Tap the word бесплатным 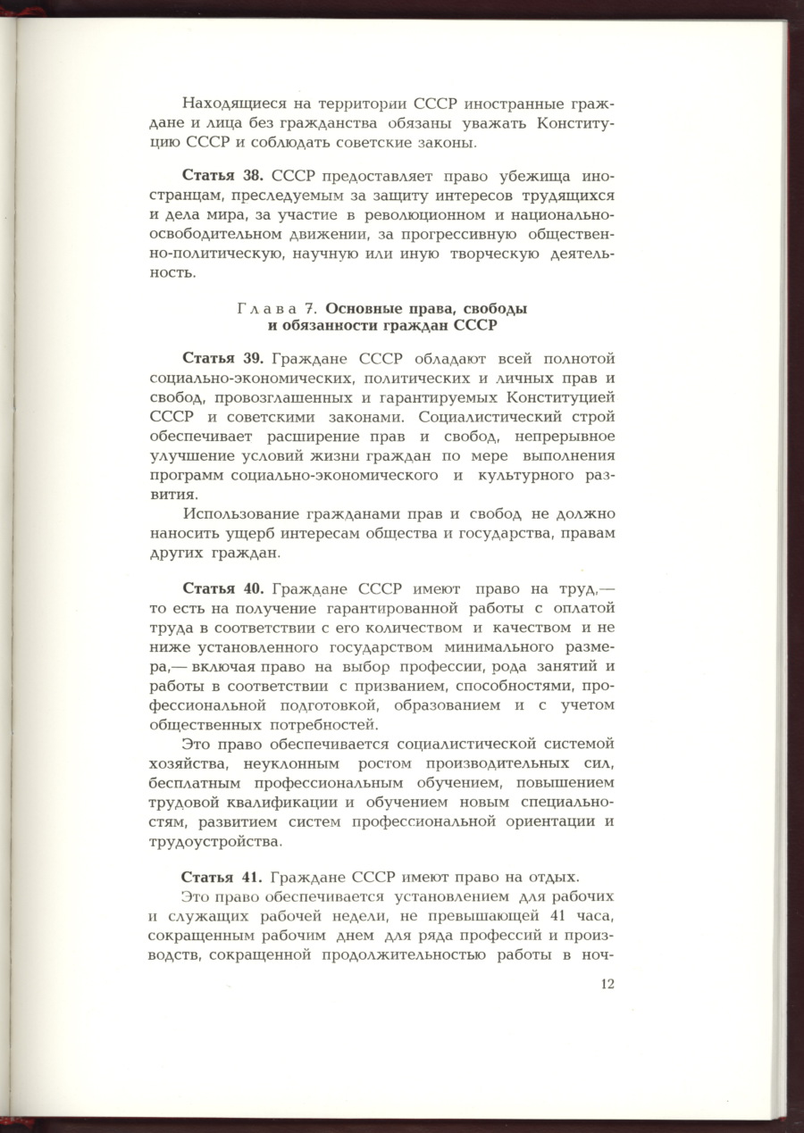point(195,782)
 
